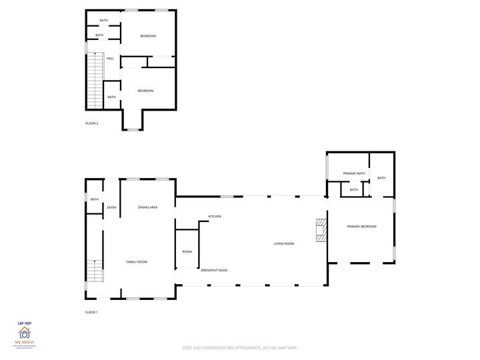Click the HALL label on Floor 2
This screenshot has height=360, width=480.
tap(110, 59)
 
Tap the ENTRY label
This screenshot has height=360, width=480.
tap(112, 207)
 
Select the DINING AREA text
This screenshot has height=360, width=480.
tap(147, 207)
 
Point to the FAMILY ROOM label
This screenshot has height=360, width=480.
tap(137, 262)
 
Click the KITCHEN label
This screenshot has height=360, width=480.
tap(215, 217)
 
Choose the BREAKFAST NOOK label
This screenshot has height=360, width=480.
tap(214, 270)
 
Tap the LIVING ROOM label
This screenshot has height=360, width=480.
tap(284, 244)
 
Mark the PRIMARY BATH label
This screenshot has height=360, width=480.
tap(354, 173)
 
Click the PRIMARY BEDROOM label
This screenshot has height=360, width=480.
tap(361, 227)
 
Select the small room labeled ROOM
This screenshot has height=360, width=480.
tap(187, 251)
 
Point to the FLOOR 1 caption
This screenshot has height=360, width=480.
tap(91, 313)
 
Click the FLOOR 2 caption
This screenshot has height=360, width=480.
tap(92, 123)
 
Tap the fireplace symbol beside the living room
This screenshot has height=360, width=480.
tap(322, 230)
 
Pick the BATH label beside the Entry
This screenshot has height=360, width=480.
tap(95, 199)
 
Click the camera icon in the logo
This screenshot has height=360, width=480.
tap(24, 334)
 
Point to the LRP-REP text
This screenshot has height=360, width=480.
tap(24, 323)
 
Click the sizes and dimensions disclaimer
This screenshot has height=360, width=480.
tap(239, 347)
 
